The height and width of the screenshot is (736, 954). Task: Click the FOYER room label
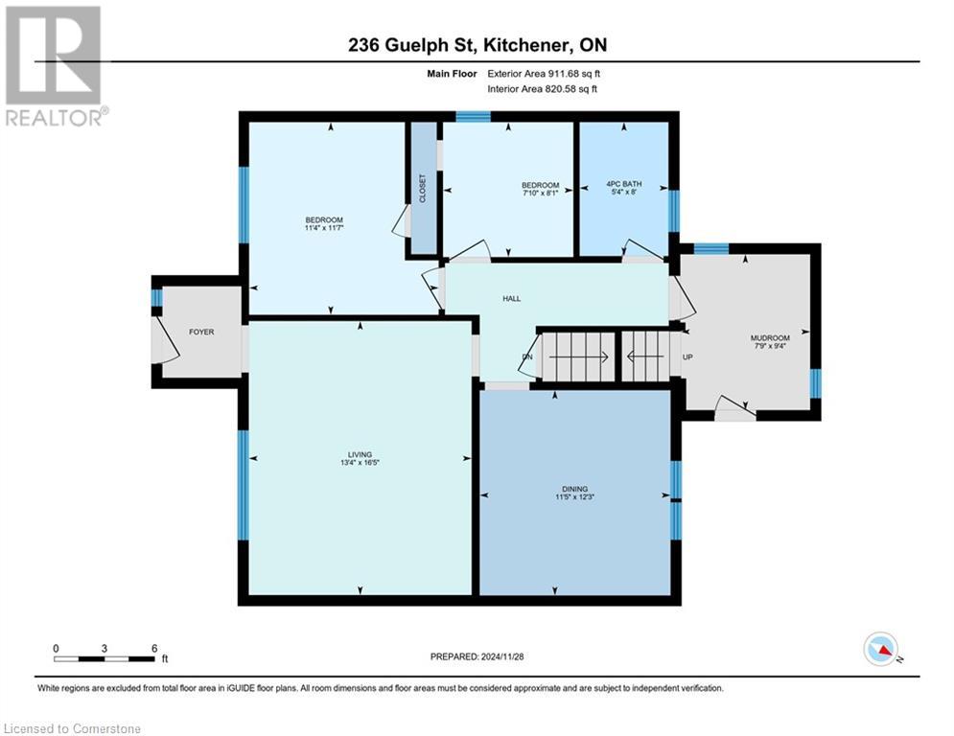(x=201, y=332)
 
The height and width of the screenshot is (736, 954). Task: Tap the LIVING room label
(x=360, y=454)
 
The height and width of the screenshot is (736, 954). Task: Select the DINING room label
(x=575, y=489)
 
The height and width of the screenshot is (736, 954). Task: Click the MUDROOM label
(x=770, y=338)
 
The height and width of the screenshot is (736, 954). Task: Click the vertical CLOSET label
(x=423, y=187)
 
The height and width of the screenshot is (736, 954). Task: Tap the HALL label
(x=512, y=299)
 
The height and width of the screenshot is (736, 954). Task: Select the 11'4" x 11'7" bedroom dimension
(x=324, y=228)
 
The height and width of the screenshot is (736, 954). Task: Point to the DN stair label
(x=526, y=357)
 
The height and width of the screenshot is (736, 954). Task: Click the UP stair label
(x=686, y=357)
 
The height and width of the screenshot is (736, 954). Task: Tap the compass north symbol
(x=881, y=650)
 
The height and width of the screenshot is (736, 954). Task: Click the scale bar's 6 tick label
(x=154, y=648)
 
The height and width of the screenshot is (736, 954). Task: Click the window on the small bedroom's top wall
(x=473, y=117)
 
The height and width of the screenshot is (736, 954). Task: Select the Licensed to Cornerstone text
(x=72, y=728)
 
